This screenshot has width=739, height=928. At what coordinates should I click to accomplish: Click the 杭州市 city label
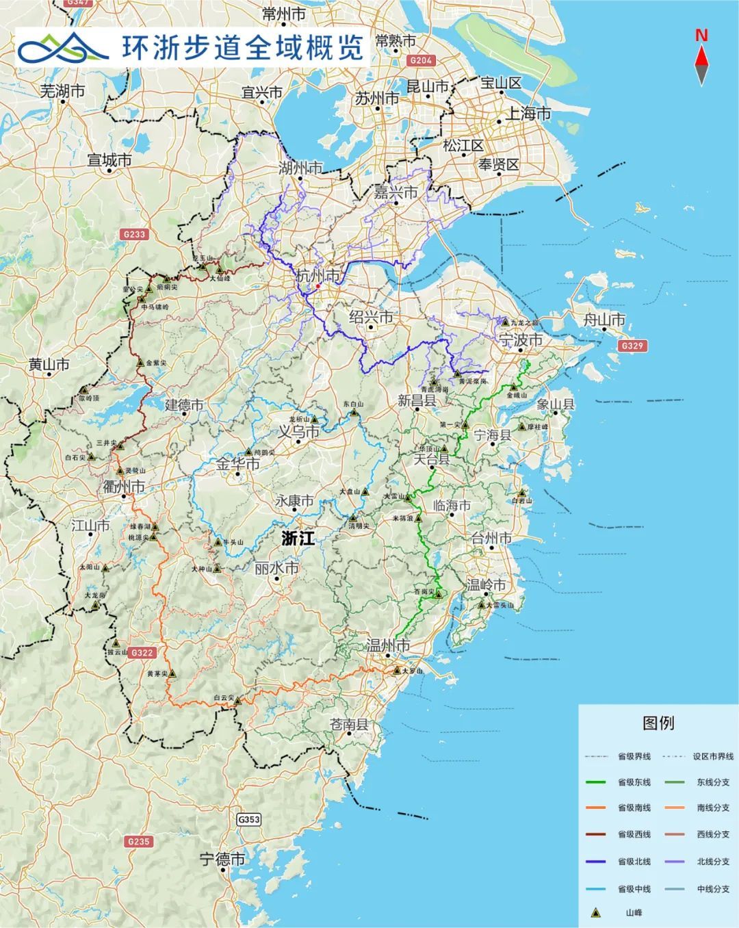coord(317,276)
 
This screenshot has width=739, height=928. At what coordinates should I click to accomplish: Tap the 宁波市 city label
coord(521,339)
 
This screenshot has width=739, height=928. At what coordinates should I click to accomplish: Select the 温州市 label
coord(388,645)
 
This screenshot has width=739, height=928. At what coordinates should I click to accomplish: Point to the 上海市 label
coord(528,114)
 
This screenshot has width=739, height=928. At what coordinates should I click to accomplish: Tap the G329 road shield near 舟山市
coord(632,346)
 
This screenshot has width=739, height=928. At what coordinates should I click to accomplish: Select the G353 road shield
coord(249,819)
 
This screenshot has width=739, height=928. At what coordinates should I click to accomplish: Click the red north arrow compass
coord(701,59)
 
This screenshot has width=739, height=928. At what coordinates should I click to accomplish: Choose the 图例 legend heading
coord(658,723)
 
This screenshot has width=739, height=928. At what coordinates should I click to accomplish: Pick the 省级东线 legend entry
coord(634,782)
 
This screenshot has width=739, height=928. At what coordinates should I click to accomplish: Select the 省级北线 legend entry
coord(634,862)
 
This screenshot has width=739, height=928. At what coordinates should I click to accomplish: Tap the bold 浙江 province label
coord(298,538)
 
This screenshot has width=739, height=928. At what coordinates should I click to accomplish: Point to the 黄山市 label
coord(49,365)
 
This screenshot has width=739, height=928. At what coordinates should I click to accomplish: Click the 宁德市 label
coord(222,860)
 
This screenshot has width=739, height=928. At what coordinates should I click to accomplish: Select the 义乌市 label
coord(298,433)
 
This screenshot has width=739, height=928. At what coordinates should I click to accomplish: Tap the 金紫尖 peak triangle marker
coord(140,363)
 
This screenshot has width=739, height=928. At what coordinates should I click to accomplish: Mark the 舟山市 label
coord(604,320)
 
